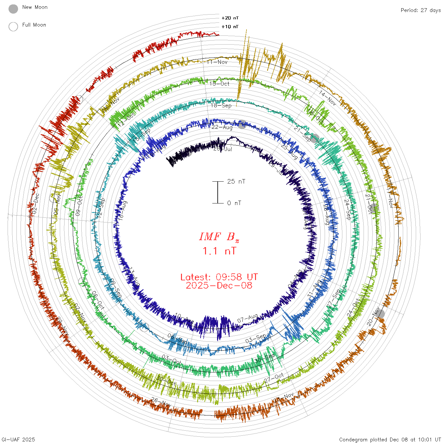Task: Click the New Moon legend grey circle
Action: point(13,9)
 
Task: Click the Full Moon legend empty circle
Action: point(13,27)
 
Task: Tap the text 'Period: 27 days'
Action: point(421,10)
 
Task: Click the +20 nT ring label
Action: point(230,18)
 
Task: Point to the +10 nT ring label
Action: point(230,27)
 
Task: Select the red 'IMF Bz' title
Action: point(219,237)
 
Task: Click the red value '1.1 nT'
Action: point(219,251)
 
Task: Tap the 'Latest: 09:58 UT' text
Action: point(219,277)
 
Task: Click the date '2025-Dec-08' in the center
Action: point(219,286)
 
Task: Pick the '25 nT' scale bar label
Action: point(236,182)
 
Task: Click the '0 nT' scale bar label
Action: point(234,203)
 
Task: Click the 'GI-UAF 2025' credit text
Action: point(18,440)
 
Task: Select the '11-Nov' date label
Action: point(217,62)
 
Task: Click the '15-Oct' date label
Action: point(219,84)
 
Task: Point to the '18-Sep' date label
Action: point(221,105)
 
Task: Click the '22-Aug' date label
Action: point(222,127)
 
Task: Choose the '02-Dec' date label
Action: point(35,203)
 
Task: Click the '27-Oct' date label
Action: point(274,378)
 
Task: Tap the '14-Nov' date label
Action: point(328,98)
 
